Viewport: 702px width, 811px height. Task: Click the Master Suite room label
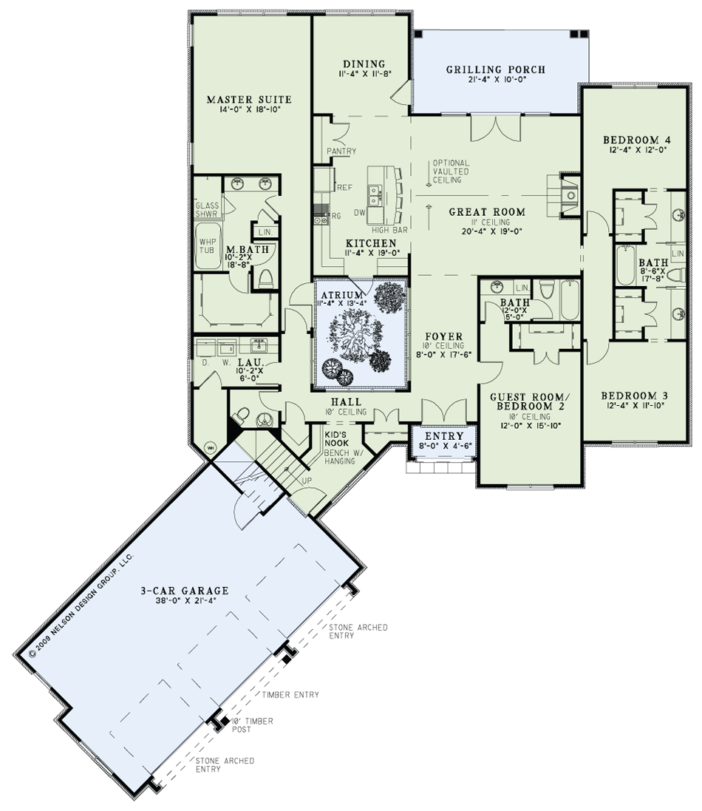click(249, 99)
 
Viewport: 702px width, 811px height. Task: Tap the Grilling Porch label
click(496, 69)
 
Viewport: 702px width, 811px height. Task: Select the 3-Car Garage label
click(185, 590)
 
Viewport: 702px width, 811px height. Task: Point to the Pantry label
click(341, 151)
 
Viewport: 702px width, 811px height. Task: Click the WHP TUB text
click(207, 246)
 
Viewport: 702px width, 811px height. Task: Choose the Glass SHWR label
click(208, 209)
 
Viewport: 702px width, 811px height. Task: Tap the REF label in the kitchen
click(345, 187)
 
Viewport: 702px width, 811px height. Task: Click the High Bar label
click(389, 230)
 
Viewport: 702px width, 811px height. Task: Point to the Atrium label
click(342, 295)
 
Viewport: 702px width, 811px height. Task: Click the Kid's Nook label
click(336, 438)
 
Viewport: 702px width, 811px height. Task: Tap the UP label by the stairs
click(307, 481)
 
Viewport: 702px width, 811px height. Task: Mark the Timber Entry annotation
click(290, 695)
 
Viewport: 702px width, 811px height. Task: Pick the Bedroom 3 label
click(634, 396)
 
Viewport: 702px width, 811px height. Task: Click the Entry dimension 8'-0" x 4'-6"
click(444, 445)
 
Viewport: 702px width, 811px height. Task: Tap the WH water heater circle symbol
click(211, 447)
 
